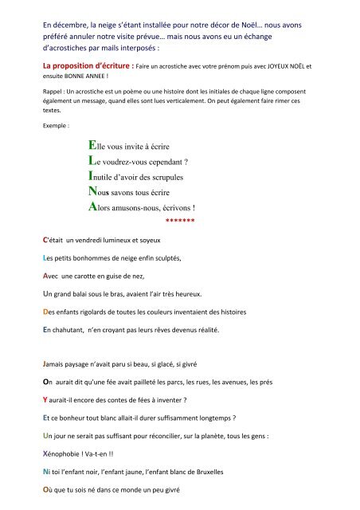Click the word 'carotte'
(107, 276)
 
